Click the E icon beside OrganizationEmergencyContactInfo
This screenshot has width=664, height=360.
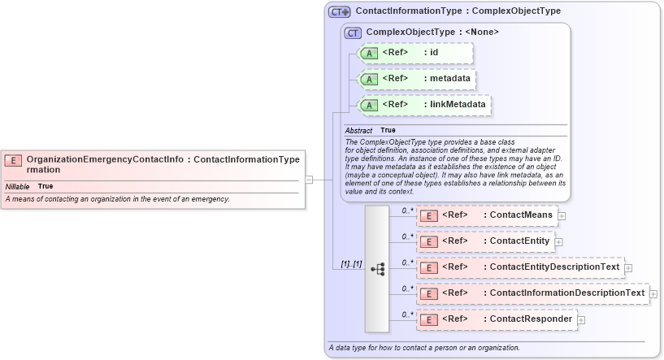13,160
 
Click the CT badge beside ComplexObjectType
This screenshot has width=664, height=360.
353,33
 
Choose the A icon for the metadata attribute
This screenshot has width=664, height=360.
369,79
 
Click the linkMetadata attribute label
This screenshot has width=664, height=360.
458,105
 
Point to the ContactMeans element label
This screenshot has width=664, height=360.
520,215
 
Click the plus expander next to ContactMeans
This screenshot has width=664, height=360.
562,216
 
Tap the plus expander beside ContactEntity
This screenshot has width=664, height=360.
558,242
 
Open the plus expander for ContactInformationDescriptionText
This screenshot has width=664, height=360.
653,293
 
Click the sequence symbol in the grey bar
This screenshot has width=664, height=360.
377,268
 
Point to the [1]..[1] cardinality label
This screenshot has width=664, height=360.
351,263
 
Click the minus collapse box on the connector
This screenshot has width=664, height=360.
309,180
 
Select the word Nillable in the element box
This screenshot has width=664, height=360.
17,187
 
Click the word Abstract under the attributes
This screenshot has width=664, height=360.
358,130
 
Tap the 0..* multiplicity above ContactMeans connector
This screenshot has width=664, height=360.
408,210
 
